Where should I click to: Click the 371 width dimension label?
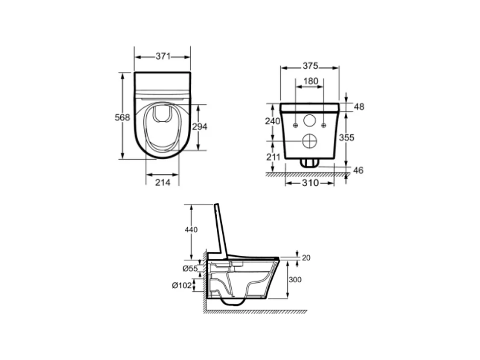[x=163, y=56]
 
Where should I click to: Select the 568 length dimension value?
[x=122, y=117]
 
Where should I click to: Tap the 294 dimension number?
[x=200, y=126]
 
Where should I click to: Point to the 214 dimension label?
[x=163, y=183]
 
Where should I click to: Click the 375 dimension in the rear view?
[x=311, y=66]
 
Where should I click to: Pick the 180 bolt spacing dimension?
[x=311, y=81]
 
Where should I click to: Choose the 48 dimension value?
[x=359, y=107]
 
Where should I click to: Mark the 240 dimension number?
[x=273, y=121]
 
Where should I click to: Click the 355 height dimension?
[x=346, y=138]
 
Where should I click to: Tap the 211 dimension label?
[x=273, y=157]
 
